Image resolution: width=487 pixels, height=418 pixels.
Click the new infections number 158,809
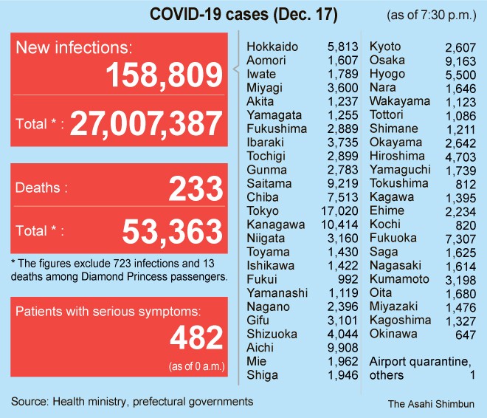click(164, 75)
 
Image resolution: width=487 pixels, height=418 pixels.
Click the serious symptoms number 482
click(196, 338)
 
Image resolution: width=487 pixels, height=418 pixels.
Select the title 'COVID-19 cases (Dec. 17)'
click(244, 15)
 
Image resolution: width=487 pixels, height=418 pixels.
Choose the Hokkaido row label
click(272, 47)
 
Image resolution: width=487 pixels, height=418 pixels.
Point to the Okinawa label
click(393, 334)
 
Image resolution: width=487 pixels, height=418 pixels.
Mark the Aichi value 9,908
click(344, 348)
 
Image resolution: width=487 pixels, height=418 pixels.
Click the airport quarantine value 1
click(472, 375)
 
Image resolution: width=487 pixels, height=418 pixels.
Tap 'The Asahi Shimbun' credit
click(431, 404)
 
